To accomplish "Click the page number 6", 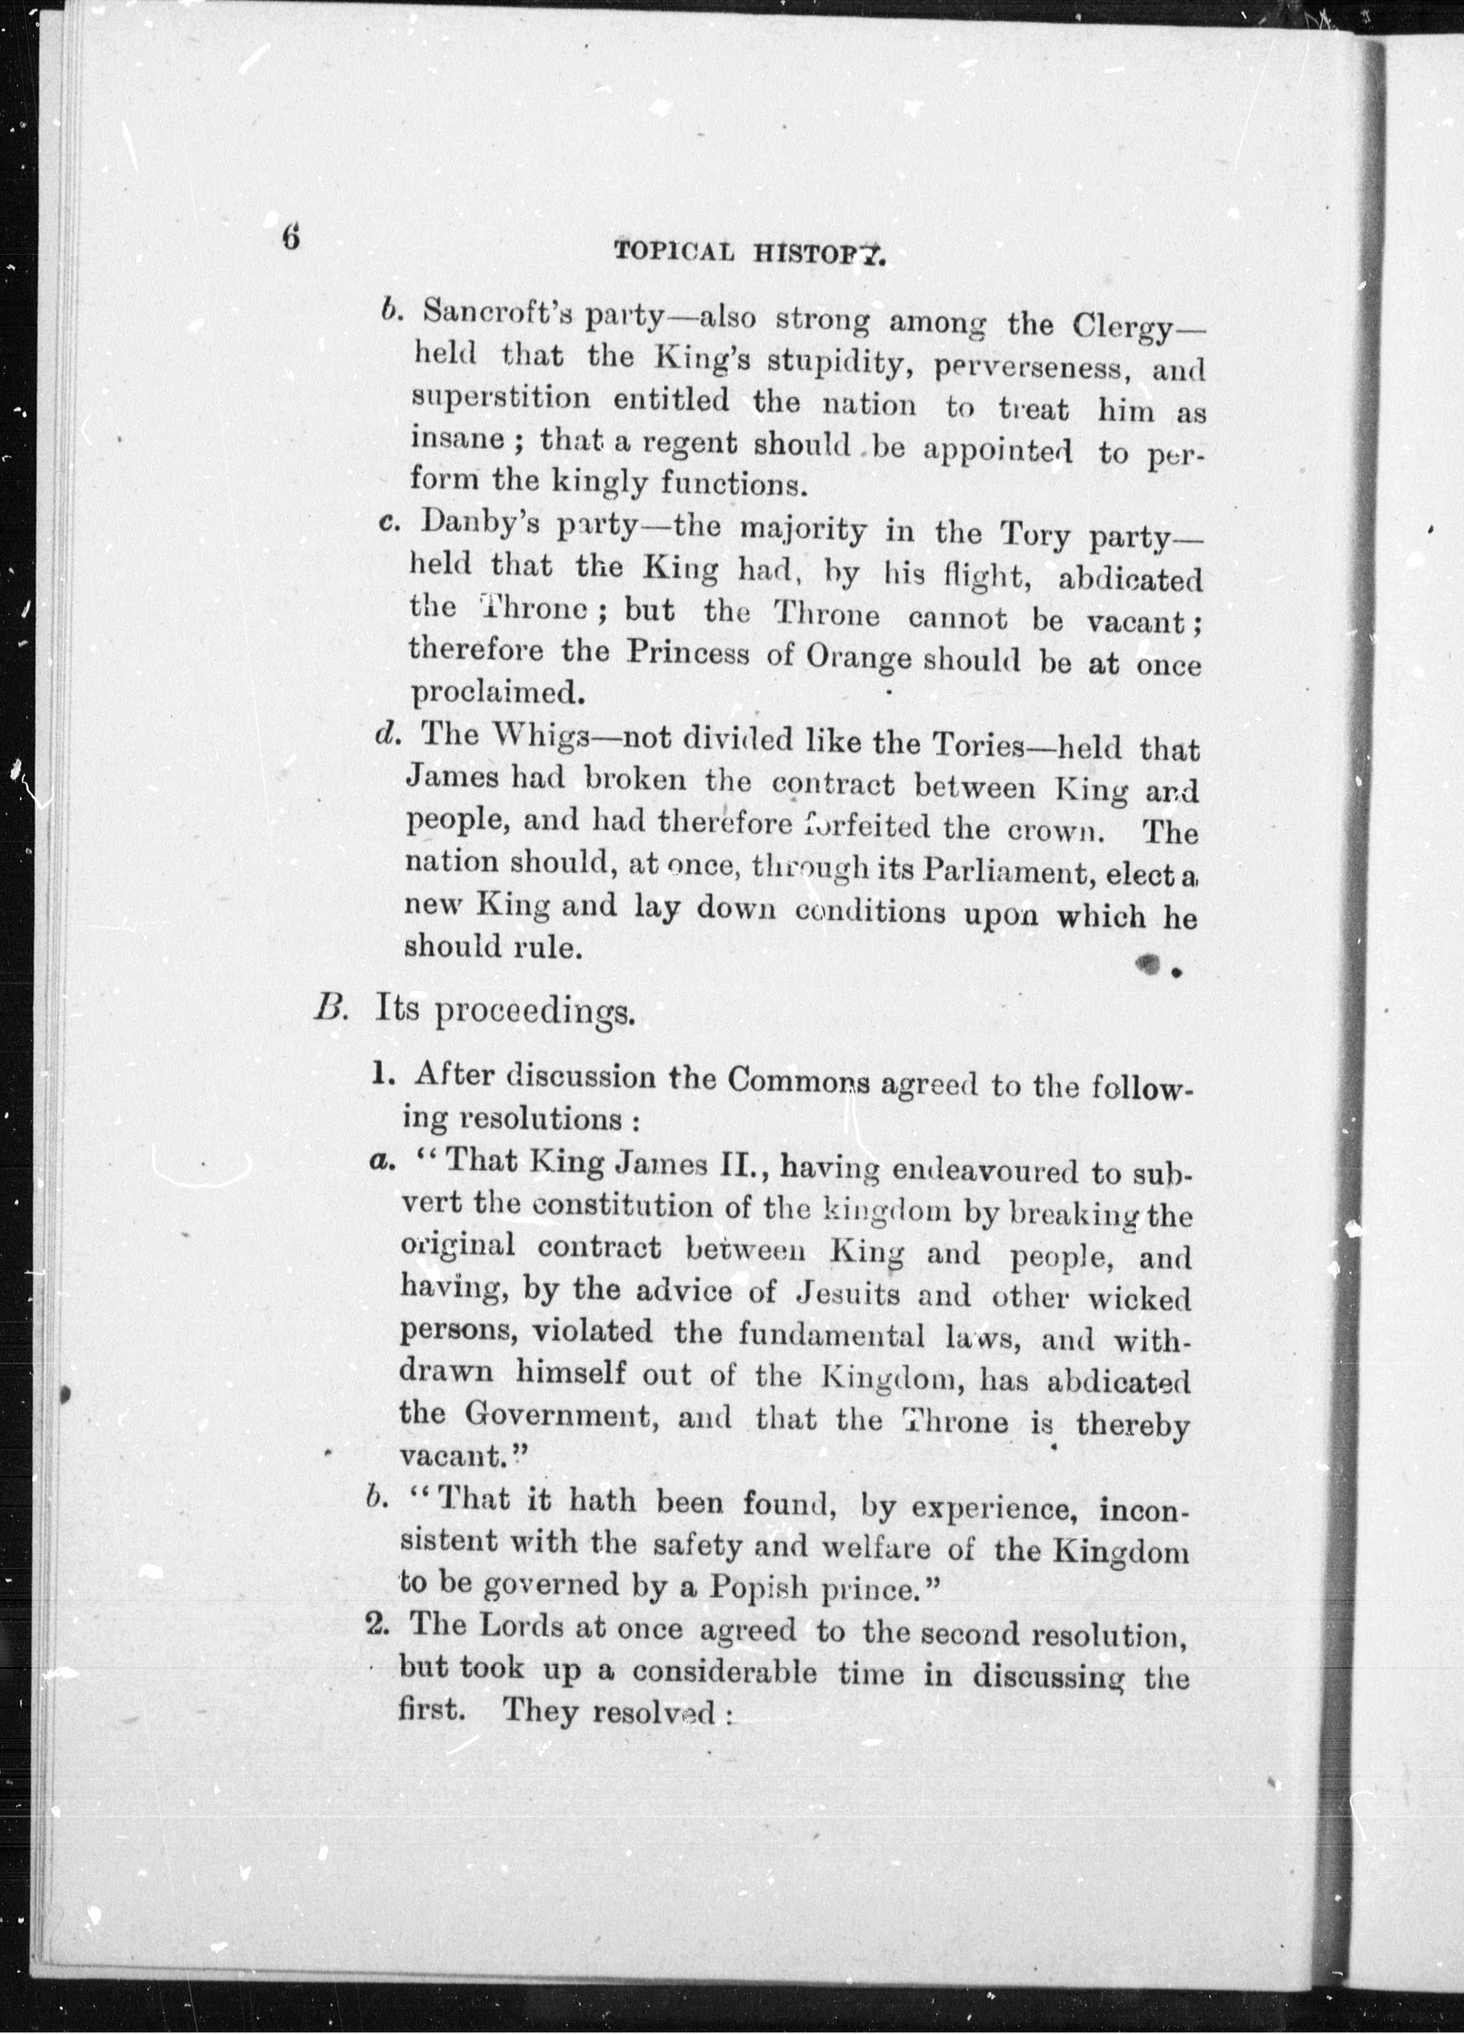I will pos(290,238).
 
